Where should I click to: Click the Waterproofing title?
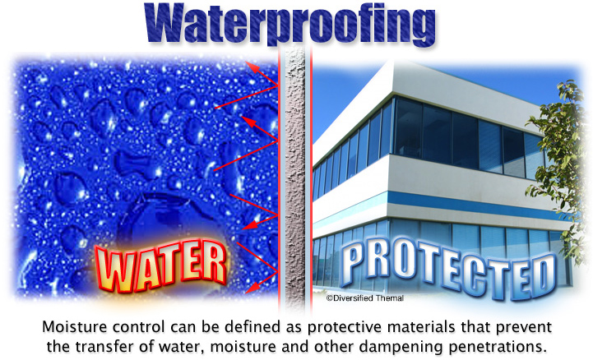pos(290,24)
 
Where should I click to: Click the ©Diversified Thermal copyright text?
pos(365,298)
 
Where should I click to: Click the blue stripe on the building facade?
pos(476,206)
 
